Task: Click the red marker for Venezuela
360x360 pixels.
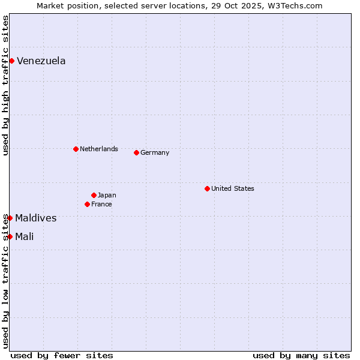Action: (11, 61)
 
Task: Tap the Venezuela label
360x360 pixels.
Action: (41, 61)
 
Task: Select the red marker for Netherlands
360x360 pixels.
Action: (76, 149)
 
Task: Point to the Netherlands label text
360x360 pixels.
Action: (99, 149)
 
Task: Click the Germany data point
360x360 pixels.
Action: (136, 152)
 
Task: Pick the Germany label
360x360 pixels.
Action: (155, 152)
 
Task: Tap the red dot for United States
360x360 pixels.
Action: (207, 188)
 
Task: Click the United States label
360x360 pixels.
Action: (233, 188)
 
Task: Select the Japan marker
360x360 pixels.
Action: (94, 195)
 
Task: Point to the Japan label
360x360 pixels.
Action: (107, 195)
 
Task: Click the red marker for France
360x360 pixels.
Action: (87, 204)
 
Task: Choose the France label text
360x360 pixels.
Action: (101, 204)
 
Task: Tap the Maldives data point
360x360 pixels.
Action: (10, 218)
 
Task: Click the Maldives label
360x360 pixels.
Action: (36, 218)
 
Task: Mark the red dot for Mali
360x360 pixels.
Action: (10, 236)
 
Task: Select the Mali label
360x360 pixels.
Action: (25, 236)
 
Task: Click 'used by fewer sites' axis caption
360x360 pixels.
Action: (62, 355)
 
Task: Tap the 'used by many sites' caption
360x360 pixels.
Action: (301, 355)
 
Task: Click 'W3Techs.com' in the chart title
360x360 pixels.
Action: (296, 5)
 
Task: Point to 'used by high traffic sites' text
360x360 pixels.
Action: (5, 85)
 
